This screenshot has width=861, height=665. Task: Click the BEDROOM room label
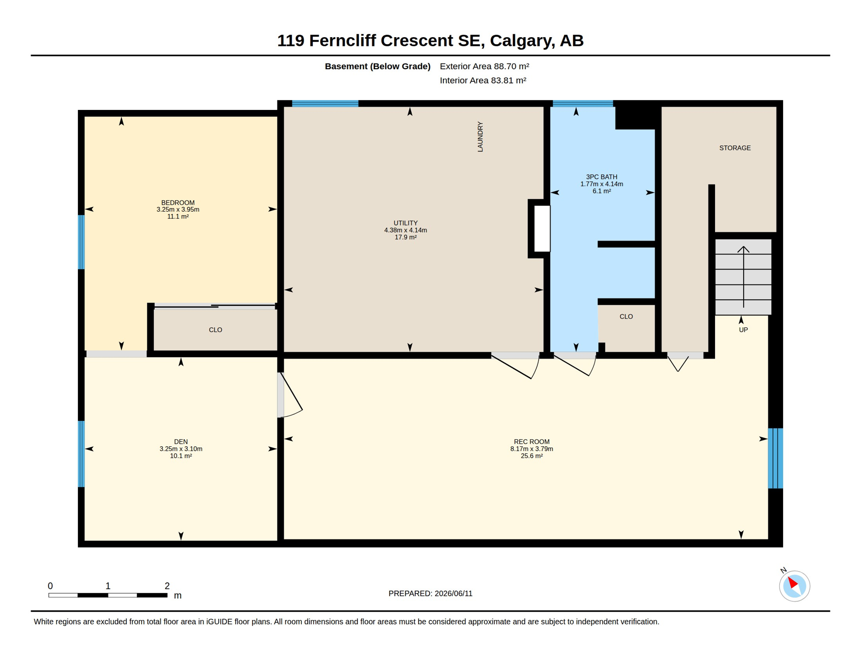[178, 203]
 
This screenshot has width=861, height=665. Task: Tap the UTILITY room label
[405, 223]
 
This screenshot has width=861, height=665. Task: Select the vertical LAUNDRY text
[480, 137]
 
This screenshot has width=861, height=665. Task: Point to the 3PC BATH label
[602, 177]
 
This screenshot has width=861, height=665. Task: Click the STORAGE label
[735, 148]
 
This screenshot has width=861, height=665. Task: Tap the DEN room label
[181, 442]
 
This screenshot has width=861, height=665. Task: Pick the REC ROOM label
[531, 442]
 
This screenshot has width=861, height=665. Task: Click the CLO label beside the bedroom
[215, 330]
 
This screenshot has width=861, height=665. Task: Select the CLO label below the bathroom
[626, 316]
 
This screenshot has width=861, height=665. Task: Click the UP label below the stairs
[743, 330]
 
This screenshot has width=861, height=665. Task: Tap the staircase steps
[743, 277]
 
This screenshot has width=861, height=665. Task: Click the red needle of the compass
[793, 582]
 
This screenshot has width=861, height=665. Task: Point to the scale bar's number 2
[167, 586]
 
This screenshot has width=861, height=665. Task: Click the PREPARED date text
[430, 594]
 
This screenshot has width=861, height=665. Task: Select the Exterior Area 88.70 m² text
[485, 66]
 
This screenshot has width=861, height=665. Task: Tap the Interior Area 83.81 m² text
[483, 81]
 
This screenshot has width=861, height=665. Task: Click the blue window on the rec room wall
[775, 458]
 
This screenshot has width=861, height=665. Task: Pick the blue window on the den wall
[81, 454]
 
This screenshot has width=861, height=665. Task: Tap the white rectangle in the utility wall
[542, 229]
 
